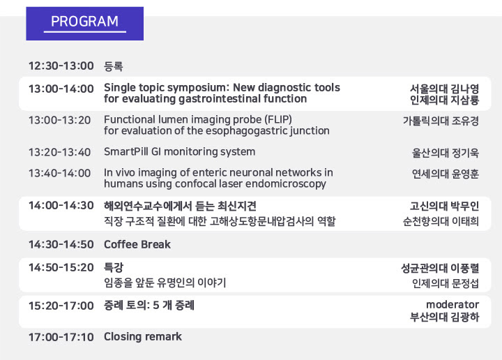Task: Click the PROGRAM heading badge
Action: point(85,24)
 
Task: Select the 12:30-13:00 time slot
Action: point(61,66)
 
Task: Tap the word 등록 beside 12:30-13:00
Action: point(114,66)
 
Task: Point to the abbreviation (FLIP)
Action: point(278,120)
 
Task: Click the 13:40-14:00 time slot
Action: point(60,173)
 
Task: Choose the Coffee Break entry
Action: point(137,244)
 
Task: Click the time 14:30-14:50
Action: point(61,245)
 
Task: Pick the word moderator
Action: point(452,305)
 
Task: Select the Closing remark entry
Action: point(143,337)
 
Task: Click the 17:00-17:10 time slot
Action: point(61,337)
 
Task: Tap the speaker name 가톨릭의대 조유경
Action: point(441,121)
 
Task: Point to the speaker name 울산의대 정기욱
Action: point(446,153)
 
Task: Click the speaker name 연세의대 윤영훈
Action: point(446,174)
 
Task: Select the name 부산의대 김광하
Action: point(444,317)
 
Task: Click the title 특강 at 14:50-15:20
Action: point(114,267)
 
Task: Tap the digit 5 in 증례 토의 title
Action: point(156,305)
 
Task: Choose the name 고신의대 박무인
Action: point(444,206)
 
